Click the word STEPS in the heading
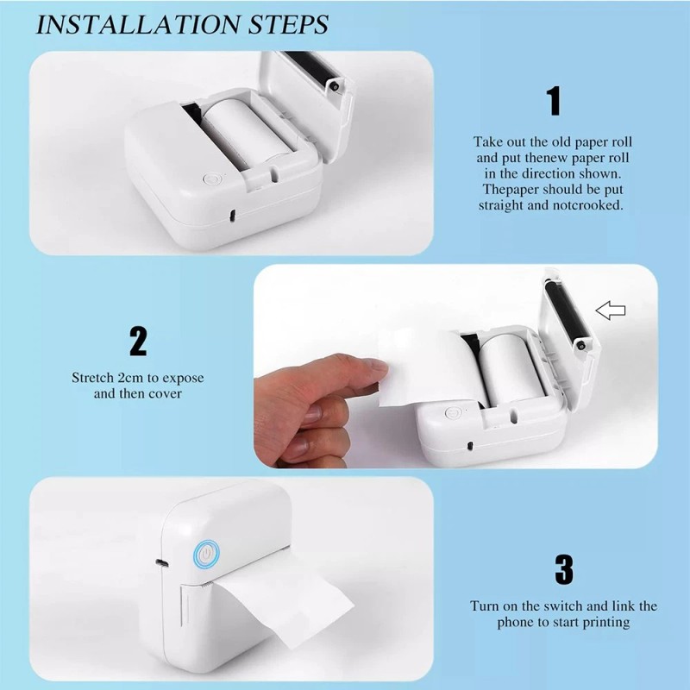[x=288, y=24]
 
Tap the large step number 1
[x=554, y=101]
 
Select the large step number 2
[x=138, y=341]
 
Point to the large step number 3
[x=564, y=569]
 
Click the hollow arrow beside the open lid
[x=611, y=310]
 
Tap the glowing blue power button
[x=206, y=554]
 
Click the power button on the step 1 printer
[x=210, y=179]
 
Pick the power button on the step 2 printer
[x=454, y=413]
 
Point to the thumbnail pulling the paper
[x=375, y=365]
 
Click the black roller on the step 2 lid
[x=568, y=316]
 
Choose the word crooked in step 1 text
[x=593, y=205]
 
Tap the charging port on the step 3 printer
[x=161, y=563]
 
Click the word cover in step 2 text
[x=165, y=393]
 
